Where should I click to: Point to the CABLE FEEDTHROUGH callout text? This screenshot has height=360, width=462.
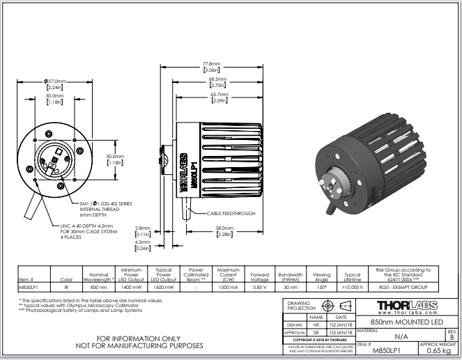231,213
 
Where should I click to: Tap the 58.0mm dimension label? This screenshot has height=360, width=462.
223,228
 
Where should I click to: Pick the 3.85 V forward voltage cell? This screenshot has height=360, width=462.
259,286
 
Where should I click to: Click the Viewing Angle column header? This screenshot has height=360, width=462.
321,276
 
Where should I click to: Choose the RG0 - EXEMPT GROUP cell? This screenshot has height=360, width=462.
403,286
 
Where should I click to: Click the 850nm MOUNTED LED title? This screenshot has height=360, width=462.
405,322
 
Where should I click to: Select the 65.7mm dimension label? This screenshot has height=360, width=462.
219,94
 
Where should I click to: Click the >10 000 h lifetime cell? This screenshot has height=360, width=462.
353,286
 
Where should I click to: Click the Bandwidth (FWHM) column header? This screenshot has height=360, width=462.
291,276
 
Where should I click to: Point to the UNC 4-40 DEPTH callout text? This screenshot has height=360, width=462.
91,226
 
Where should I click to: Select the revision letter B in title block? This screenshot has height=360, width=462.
451,337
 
